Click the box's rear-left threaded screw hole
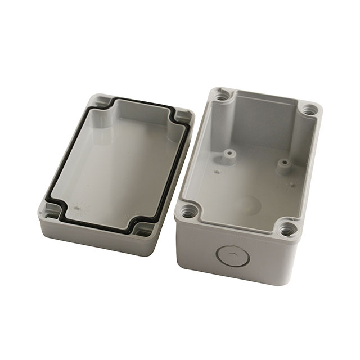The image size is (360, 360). coord(223,96)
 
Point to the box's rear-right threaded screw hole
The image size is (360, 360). coord(309,110)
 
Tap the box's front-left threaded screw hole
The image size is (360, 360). coord(187,213)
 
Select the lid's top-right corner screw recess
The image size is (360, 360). coord(181,115)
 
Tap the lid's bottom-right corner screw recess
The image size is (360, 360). coord(138,228)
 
